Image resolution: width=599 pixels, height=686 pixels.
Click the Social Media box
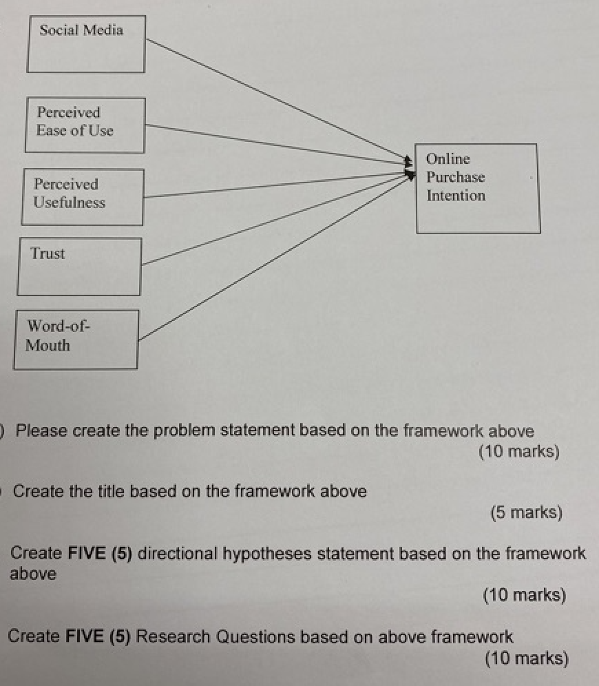86,44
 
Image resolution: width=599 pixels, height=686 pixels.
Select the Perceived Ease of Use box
85,125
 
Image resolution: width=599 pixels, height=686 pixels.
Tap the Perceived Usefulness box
83,196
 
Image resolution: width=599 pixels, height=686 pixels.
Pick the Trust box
79,266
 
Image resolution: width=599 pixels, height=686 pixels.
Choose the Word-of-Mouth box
76,339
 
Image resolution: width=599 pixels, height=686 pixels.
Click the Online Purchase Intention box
477,188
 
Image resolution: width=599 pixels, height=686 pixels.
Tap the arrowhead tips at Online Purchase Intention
410,169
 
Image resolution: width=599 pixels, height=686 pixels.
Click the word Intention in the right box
456,196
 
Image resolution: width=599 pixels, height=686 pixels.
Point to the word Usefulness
70,202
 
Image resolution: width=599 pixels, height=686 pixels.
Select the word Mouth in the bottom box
48,345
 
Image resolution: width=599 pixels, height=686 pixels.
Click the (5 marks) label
526,513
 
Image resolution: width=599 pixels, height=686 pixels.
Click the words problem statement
225,431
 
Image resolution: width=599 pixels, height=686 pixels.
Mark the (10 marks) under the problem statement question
518,453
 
